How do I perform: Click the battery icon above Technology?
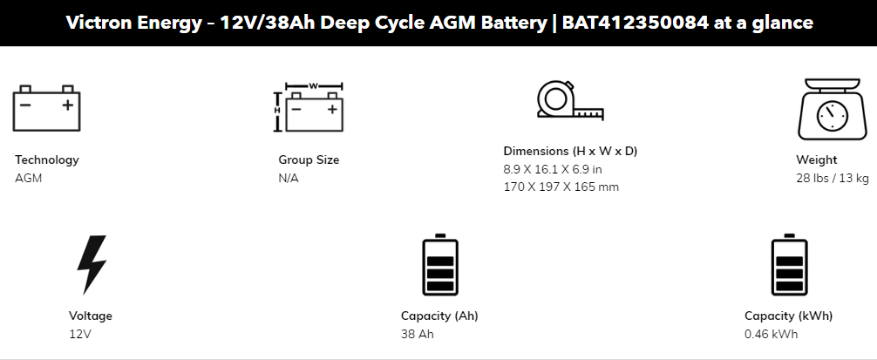tap(47, 108)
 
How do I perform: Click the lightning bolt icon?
tap(92, 264)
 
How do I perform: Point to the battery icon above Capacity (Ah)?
tap(439, 265)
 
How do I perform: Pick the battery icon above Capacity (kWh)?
tap(789, 265)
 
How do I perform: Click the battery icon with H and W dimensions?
tap(309, 108)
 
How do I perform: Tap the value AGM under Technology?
tap(29, 178)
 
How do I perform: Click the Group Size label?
tap(309, 160)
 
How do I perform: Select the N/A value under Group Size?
tap(289, 178)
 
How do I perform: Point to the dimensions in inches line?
tap(553, 169)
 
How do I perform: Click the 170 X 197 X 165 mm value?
tap(561, 187)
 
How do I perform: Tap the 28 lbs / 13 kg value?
tap(832, 178)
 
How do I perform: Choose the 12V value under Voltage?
tap(80, 334)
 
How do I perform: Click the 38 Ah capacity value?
tap(417, 334)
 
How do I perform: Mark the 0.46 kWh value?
tap(771, 334)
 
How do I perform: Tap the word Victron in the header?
tap(97, 23)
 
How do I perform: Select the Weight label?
tap(816, 160)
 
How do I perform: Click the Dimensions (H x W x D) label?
tap(570, 151)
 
